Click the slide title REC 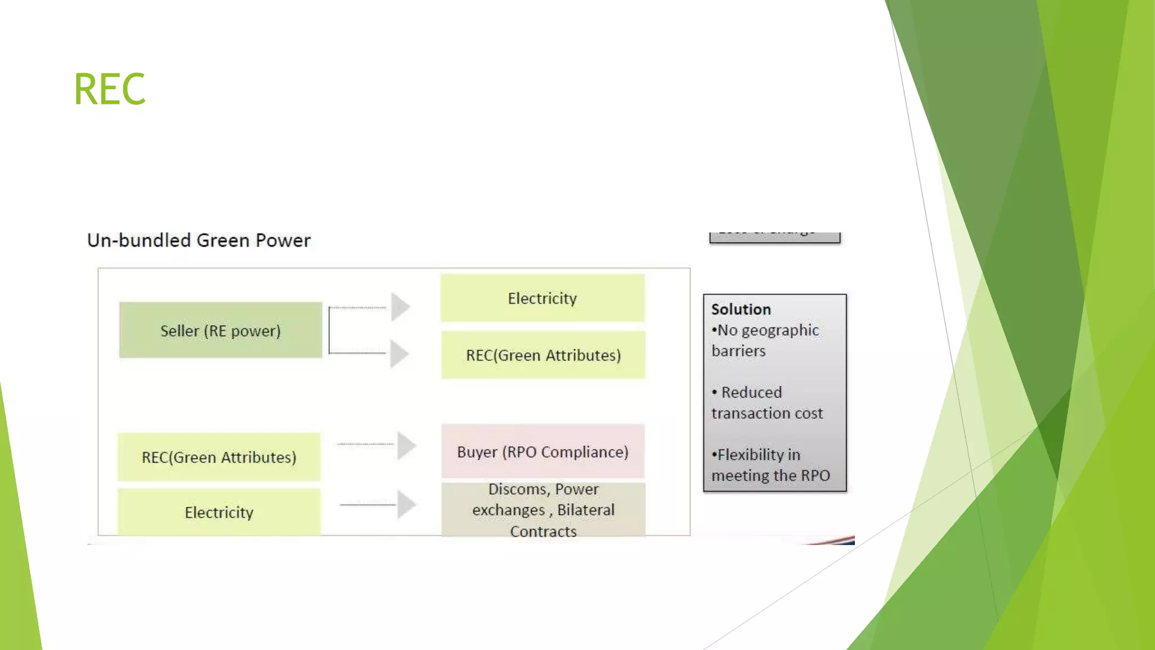109,89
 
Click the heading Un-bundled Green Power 199,240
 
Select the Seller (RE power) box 221,330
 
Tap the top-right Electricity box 542,298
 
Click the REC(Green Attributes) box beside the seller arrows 543,355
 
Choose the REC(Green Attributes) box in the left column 219,457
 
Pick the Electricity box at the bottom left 219,512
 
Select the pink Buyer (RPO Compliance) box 543,451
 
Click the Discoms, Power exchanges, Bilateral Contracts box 543,510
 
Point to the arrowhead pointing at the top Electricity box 400,307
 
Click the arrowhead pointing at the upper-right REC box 399,354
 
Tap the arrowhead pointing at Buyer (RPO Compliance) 406,445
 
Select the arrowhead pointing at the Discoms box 406,504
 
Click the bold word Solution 740,309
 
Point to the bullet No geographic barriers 765,340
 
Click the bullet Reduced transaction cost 766,402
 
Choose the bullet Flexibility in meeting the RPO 770,465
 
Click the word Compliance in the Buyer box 584,452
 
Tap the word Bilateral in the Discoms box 585,510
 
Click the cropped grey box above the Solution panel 774,237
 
